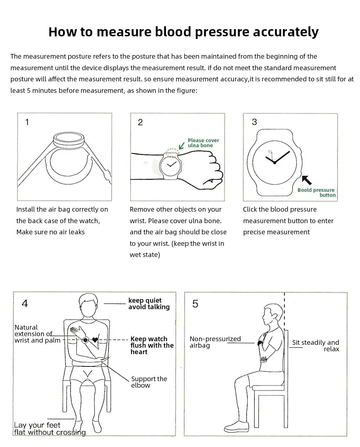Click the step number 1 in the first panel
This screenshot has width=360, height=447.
click(x=27, y=122)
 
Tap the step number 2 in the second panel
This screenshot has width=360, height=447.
click(x=140, y=122)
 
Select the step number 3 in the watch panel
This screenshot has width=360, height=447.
click(x=255, y=122)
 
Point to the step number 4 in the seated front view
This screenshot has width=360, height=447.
click(x=25, y=303)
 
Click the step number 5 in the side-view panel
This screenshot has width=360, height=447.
click(x=195, y=304)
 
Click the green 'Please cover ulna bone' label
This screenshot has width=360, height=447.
click(x=203, y=143)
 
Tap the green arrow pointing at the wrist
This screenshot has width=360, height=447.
click(x=182, y=145)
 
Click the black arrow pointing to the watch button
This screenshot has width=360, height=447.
click(x=307, y=180)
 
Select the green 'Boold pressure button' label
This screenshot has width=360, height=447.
click(x=316, y=193)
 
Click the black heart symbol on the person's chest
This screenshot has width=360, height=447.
click(x=95, y=339)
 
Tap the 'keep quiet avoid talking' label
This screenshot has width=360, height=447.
click(x=149, y=304)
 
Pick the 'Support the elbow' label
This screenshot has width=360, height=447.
click(x=149, y=382)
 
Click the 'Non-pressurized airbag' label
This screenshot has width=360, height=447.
click(x=215, y=342)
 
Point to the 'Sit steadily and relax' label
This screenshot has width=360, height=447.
click(x=316, y=346)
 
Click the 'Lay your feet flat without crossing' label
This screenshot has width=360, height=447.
click(x=50, y=429)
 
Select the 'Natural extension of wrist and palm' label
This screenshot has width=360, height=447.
click(x=37, y=334)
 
